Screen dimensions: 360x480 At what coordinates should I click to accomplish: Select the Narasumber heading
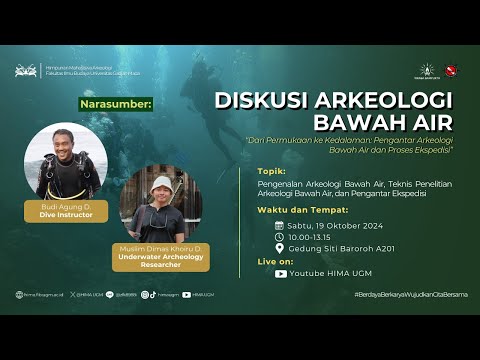(115, 102)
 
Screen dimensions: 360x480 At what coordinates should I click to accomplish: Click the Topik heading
(270, 170)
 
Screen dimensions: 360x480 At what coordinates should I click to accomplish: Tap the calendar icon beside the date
(280, 226)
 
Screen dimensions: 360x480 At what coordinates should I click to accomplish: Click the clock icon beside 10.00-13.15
(280, 238)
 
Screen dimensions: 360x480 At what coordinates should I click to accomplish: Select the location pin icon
(280, 250)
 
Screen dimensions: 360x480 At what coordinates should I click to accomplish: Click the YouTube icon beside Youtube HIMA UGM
(281, 273)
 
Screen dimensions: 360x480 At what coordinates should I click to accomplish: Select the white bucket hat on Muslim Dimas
(161, 184)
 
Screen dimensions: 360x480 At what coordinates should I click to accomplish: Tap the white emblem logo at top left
(26, 71)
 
